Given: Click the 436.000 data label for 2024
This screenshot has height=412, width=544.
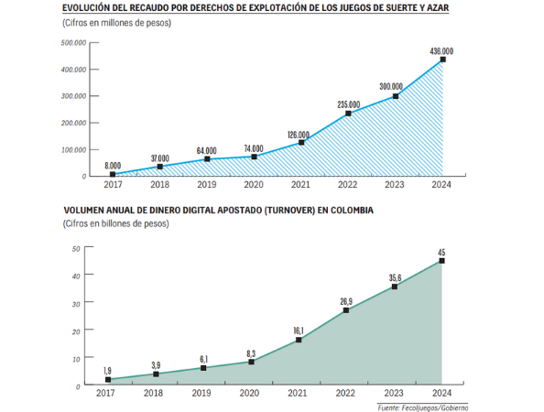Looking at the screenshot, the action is click(441, 51).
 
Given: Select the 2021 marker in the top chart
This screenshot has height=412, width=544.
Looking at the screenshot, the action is click(301, 143).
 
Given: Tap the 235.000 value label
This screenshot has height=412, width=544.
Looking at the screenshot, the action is click(349, 104).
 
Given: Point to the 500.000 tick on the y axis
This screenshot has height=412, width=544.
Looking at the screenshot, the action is click(73, 43).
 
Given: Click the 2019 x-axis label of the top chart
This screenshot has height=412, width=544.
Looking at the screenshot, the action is click(207, 185).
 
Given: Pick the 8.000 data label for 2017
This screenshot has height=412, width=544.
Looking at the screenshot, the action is click(113, 166).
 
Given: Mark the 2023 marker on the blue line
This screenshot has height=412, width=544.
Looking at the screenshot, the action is click(396, 96).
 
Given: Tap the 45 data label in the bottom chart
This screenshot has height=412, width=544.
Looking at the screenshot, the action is click(441, 253).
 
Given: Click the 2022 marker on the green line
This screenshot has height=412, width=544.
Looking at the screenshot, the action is click(346, 310).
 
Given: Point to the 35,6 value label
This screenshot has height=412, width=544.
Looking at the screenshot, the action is click(395, 277).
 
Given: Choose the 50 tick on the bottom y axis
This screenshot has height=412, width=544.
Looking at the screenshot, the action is click(76, 249).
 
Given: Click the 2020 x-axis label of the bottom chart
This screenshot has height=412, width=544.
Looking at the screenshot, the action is click(249, 393).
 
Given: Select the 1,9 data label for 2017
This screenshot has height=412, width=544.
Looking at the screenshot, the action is click(107, 371).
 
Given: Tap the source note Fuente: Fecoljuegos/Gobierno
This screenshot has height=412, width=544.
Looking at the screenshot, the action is click(423, 407).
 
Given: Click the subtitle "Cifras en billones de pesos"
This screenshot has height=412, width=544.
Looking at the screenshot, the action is click(116, 223).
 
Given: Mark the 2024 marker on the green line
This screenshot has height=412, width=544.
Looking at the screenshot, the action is click(441, 261).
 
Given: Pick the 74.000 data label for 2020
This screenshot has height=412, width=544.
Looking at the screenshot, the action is click(254, 148).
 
